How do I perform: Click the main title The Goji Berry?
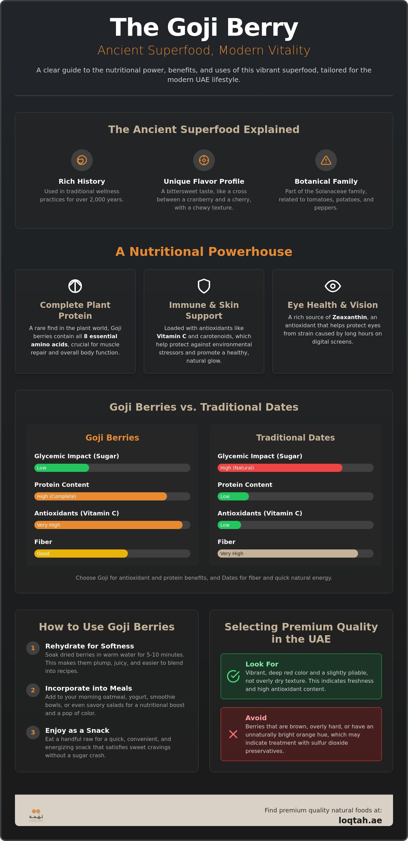click(x=204, y=28)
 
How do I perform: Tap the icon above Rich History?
click(x=82, y=160)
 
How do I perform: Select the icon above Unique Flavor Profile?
click(x=204, y=160)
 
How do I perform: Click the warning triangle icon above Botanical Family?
click(x=326, y=160)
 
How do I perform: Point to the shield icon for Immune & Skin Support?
click(x=204, y=286)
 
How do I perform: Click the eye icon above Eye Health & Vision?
click(x=333, y=286)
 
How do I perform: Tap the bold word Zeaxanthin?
click(x=350, y=317)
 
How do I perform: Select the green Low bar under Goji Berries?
click(x=62, y=468)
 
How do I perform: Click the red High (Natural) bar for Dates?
click(x=280, y=468)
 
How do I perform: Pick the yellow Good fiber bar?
click(x=81, y=554)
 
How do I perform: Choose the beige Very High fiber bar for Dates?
click(x=288, y=554)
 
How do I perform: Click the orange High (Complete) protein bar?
click(x=101, y=496)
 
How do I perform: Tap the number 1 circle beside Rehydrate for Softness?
click(x=33, y=648)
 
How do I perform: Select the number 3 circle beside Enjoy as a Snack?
click(x=33, y=732)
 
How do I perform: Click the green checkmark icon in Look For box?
click(x=233, y=676)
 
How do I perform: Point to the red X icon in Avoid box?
click(x=233, y=734)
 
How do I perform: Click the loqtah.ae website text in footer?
click(x=360, y=820)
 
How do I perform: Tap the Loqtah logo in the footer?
click(x=36, y=815)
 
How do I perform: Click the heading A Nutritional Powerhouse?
click(x=204, y=252)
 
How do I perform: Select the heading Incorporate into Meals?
click(x=88, y=688)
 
